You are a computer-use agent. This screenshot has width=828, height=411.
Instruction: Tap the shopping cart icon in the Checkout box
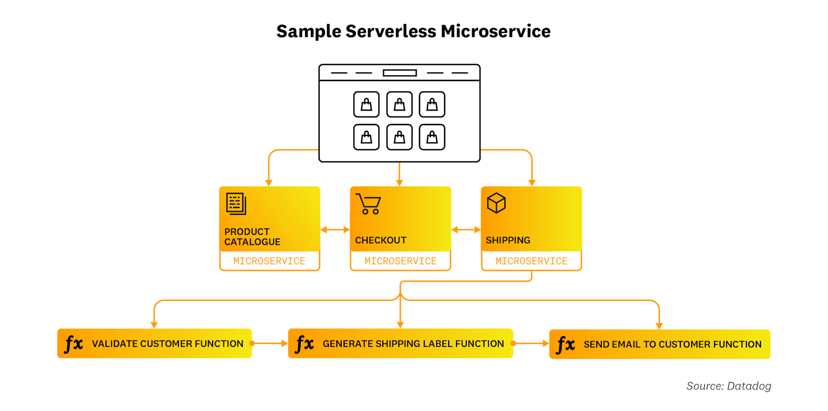click(369, 204)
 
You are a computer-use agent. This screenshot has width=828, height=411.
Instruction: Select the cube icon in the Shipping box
click(496, 203)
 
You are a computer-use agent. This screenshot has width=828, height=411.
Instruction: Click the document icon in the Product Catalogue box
click(236, 204)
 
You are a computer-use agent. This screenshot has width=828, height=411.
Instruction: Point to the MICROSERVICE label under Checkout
click(400, 261)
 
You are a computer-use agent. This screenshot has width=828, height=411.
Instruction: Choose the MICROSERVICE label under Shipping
click(531, 261)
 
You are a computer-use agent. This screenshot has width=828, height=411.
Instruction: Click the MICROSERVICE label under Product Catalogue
click(269, 261)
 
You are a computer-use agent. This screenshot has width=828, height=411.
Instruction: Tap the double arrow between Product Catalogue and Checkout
click(335, 229)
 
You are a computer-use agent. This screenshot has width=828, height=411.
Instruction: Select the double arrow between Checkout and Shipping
click(466, 229)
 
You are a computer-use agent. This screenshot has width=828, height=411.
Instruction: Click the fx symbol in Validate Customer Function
click(74, 343)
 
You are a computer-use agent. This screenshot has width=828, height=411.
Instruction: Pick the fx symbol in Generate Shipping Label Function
click(305, 343)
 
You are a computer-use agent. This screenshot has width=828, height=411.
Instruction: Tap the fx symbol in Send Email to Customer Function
click(566, 344)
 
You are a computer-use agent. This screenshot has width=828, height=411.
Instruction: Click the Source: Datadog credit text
click(728, 386)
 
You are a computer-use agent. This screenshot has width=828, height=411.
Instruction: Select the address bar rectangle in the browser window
click(400, 73)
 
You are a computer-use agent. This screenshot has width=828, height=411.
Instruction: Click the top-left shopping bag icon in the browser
click(367, 104)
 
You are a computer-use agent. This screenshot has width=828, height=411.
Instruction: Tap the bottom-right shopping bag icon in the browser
click(432, 137)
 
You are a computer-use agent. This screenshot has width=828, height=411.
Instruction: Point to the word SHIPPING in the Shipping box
click(508, 240)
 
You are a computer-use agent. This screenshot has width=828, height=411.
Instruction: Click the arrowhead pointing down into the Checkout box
click(400, 183)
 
